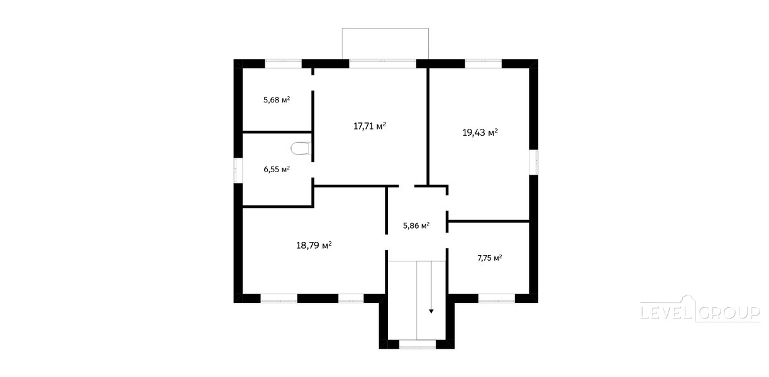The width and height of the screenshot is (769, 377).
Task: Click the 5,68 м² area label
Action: (277, 100)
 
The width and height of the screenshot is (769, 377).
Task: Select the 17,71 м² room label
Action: (370, 126)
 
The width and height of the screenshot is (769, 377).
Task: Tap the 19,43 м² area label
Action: (480, 133)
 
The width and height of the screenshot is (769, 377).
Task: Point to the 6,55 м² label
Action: (277, 170)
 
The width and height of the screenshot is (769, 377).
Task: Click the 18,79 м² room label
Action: (314, 245)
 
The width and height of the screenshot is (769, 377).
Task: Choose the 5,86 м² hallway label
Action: (416, 226)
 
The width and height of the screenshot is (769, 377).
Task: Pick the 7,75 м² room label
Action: (490, 258)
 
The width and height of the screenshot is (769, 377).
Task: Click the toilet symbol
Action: (301, 148)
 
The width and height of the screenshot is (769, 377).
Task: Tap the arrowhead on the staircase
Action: (431, 311)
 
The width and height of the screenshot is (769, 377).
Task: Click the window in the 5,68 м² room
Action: (283, 64)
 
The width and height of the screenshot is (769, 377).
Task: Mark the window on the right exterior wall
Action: (533, 162)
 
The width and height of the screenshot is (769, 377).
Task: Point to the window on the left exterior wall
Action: (238, 170)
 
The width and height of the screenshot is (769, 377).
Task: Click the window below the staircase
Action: (418, 344)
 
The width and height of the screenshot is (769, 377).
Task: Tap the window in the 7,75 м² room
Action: (496, 298)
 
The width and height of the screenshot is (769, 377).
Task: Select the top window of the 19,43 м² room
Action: (484, 64)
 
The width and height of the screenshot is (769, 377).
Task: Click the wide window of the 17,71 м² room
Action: (383, 64)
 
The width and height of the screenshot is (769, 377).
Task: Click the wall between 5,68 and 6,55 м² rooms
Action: (277, 132)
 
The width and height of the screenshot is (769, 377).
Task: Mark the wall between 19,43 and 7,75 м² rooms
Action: (488, 221)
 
